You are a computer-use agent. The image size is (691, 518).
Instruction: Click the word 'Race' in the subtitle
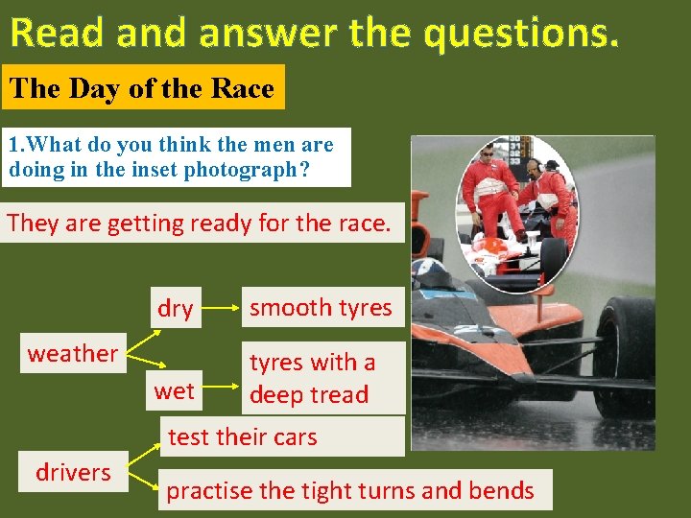click(x=243, y=89)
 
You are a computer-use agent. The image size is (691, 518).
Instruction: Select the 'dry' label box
click(x=175, y=309)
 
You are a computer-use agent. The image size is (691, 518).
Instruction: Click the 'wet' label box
click(x=174, y=391)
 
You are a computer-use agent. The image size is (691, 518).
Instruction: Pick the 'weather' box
click(x=72, y=353)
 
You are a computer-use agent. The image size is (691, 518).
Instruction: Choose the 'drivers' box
click(x=73, y=472)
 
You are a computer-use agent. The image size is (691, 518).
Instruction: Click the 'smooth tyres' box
click(x=321, y=308)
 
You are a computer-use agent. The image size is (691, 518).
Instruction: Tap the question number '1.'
click(x=15, y=146)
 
